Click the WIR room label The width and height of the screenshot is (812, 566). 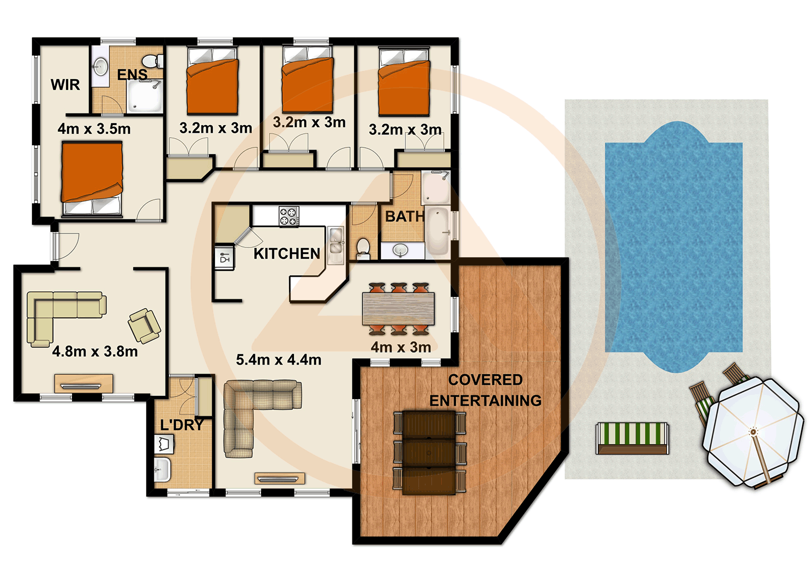[65, 84]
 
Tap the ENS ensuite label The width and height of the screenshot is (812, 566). [132, 74]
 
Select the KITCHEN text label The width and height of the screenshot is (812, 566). [286, 253]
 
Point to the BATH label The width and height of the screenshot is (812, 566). [404, 217]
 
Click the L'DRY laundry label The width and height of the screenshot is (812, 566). [182, 425]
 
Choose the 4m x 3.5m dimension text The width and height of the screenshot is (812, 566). [94, 129]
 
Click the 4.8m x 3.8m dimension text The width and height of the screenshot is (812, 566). [95, 352]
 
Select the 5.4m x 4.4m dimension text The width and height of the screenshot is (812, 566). [278, 360]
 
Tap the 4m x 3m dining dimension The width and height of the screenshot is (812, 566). [401, 347]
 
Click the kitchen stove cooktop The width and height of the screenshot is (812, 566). [289, 216]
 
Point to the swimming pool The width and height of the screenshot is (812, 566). [673, 246]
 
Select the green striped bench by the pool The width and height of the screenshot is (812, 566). [632, 437]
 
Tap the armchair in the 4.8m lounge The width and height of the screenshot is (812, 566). [144, 326]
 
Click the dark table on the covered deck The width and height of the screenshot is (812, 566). [429, 452]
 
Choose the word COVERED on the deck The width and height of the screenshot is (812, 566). [485, 380]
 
